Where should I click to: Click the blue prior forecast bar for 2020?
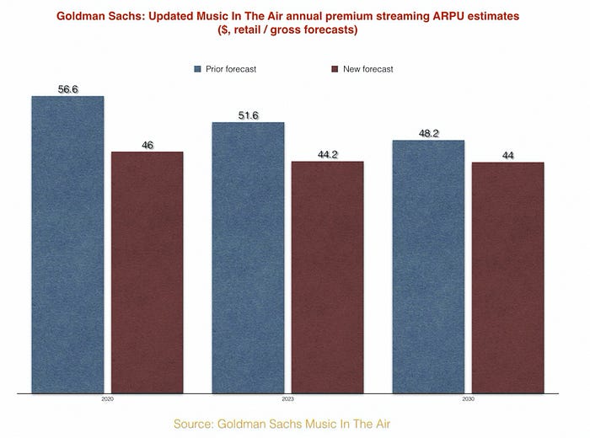[x=67, y=244]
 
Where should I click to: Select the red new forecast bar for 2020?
[x=147, y=272]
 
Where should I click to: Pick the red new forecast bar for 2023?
[x=327, y=276]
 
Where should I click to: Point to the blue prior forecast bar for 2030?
[x=428, y=266]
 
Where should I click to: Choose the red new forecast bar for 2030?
[x=508, y=277]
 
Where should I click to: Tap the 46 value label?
[x=147, y=145]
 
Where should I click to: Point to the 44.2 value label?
[x=327, y=154]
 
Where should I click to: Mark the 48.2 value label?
[x=428, y=133]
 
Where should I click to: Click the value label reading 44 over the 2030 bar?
[x=508, y=155]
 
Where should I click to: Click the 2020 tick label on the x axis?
[x=107, y=399]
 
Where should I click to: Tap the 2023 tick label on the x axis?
[x=287, y=399]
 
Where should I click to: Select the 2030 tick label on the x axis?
[x=468, y=399]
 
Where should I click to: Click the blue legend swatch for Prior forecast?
[x=197, y=69]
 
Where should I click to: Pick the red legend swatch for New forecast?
[x=335, y=69]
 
